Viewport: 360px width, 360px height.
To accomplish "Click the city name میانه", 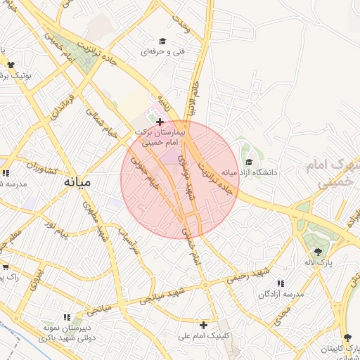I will coord(78,181).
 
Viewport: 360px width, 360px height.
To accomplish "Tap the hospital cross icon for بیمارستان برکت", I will coord(160,122).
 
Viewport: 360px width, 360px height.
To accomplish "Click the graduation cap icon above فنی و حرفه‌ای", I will coord(162,41).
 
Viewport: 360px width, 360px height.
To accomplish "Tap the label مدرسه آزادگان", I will coord(281,294).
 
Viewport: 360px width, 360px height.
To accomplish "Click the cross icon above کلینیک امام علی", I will coord(203,325).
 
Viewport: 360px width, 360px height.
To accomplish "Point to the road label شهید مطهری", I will coord(96,222).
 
